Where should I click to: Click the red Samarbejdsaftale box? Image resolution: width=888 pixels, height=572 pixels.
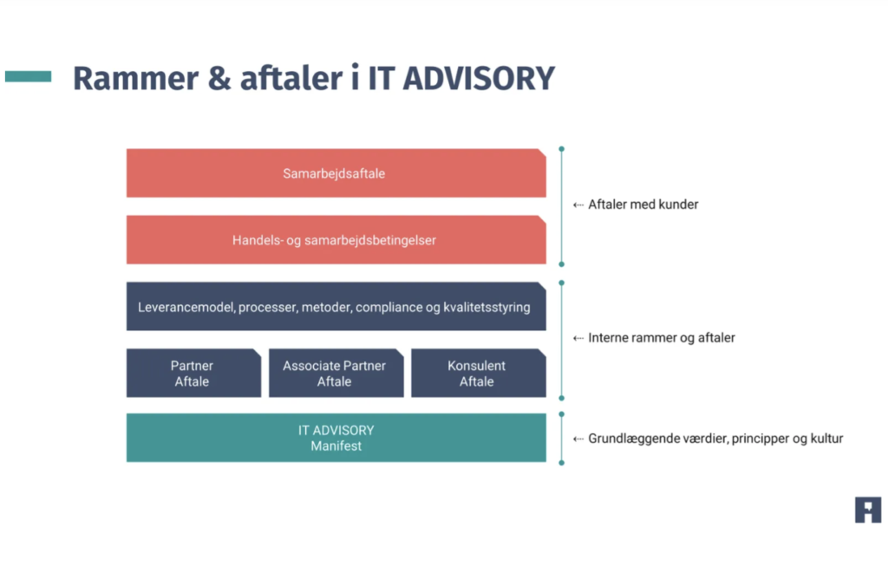(336, 173)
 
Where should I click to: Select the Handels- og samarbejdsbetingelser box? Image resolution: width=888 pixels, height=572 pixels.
(336, 240)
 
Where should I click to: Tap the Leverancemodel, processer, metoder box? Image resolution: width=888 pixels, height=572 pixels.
(336, 307)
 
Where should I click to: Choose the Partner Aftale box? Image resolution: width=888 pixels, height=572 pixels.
(193, 374)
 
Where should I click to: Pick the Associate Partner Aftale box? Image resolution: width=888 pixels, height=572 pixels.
(336, 374)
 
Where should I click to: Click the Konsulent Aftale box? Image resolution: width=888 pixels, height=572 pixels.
(479, 374)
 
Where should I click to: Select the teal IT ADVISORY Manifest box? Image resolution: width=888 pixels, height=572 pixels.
(336, 438)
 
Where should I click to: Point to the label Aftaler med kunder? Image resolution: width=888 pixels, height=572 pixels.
(643, 205)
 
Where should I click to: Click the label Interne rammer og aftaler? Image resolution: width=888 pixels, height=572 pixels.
(662, 338)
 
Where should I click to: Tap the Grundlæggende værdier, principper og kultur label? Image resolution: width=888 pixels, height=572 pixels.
(715, 439)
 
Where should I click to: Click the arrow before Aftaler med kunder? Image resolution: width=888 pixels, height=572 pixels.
(578, 205)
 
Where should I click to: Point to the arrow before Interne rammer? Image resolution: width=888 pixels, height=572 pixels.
(578, 338)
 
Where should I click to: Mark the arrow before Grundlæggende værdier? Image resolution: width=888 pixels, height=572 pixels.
(578, 439)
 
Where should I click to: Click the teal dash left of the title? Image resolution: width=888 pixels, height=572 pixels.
(29, 76)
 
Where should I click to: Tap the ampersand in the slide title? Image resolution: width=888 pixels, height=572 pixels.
(219, 79)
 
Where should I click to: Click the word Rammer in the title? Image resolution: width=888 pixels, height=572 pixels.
(135, 79)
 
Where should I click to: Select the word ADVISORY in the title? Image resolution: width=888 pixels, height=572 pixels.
(479, 79)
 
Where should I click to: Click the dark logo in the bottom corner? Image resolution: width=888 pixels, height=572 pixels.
(868, 510)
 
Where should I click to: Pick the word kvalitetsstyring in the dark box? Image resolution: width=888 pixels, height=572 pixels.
(486, 307)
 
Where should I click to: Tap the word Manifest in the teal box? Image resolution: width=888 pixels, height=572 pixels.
(336, 445)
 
